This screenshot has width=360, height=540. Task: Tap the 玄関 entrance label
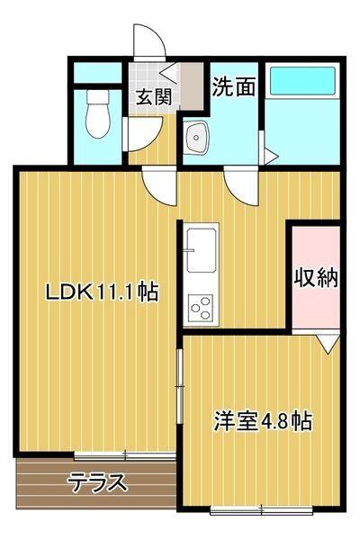(x=153, y=96)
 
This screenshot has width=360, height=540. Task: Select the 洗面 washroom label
(x=233, y=85)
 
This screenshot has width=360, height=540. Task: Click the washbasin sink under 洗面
(x=197, y=139)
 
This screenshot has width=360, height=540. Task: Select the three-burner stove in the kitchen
(x=199, y=309)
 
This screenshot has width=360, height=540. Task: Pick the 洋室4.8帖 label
(x=262, y=420)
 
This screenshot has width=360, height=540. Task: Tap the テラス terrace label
(x=96, y=482)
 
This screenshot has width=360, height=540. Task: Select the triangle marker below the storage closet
(x=328, y=342)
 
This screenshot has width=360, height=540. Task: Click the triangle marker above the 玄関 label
(x=168, y=76)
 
